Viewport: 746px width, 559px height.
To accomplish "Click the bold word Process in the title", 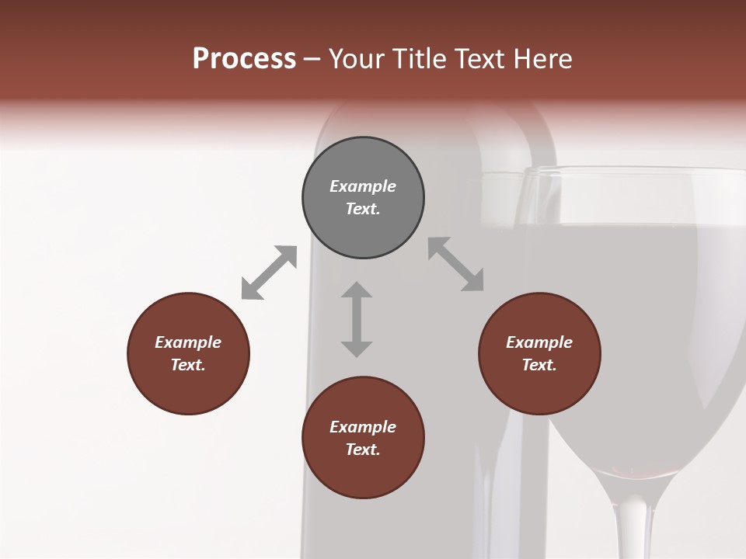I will coord(244,59).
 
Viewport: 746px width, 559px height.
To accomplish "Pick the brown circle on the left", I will coord(188,353).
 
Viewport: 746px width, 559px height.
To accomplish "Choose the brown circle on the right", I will coord(539,353).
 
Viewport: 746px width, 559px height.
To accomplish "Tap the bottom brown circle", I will coord(363,438).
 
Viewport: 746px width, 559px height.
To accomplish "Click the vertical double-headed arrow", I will coord(357,319).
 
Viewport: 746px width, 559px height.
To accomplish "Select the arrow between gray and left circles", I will coord(269,273).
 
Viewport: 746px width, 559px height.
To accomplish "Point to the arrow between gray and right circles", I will coord(456,264).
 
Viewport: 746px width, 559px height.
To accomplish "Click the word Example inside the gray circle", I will coord(363,186).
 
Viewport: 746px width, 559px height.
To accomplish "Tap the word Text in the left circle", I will coord(188,365).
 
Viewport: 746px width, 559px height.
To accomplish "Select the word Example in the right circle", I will coord(539,342).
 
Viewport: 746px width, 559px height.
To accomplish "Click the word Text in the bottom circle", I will coord(363,450).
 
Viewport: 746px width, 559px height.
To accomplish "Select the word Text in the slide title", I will coord(480,59).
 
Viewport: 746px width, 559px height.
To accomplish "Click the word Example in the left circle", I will coord(188,342).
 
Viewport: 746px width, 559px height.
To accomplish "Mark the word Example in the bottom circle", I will coord(363,427).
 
